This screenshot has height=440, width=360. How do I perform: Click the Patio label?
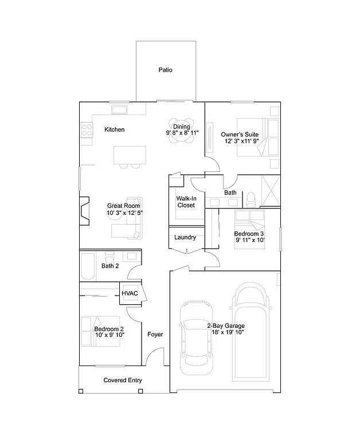(x=165, y=70)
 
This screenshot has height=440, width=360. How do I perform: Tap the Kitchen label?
(x=114, y=129)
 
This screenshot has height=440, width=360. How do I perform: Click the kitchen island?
(x=130, y=155)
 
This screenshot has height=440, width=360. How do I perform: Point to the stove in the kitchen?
(x=87, y=131)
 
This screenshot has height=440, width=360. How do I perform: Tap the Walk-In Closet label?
(x=186, y=201)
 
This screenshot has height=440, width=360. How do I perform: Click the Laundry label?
(x=185, y=237)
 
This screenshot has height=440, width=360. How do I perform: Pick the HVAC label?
(x=130, y=293)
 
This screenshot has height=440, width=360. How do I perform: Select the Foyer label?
(x=155, y=334)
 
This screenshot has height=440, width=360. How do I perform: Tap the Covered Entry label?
(x=123, y=380)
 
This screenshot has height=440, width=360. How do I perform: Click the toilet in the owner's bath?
(x=250, y=198)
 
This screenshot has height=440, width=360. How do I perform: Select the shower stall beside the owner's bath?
(x=271, y=190)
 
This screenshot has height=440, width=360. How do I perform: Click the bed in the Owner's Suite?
(x=267, y=137)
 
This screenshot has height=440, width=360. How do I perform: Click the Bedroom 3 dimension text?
(x=249, y=241)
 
